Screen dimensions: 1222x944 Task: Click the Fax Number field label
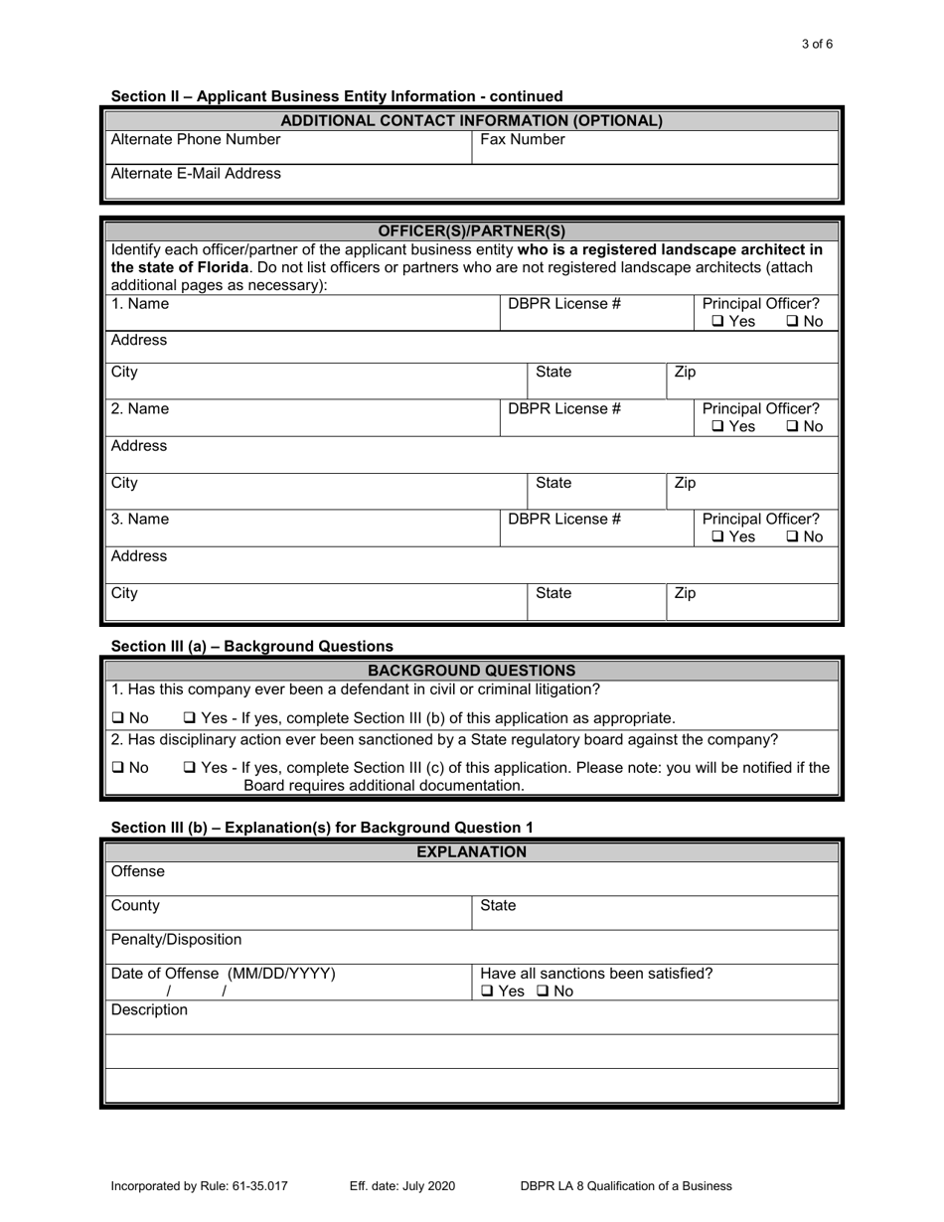click(523, 140)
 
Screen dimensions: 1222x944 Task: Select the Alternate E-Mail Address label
click(196, 174)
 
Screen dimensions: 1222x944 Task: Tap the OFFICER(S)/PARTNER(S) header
click(472, 231)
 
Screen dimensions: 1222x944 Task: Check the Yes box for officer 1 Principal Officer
click(717, 322)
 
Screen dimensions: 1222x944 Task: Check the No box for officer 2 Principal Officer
click(792, 427)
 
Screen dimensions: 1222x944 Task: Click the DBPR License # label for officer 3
click(564, 519)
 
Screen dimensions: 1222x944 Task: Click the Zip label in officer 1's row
click(685, 373)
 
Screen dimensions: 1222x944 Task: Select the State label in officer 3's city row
click(553, 594)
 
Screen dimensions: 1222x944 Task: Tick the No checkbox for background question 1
click(117, 718)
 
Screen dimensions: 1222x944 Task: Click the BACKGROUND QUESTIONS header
click(472, 671)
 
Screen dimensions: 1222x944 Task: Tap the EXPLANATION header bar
click(472, 852)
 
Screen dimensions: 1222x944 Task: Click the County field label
click(135, 906)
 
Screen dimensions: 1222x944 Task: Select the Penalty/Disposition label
click(176, 940)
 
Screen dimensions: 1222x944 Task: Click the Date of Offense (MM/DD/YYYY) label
click(223, 974)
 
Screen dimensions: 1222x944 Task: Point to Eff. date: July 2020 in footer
click(402, 1185)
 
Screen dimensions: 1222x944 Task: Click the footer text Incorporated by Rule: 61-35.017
click(200, 1185)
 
